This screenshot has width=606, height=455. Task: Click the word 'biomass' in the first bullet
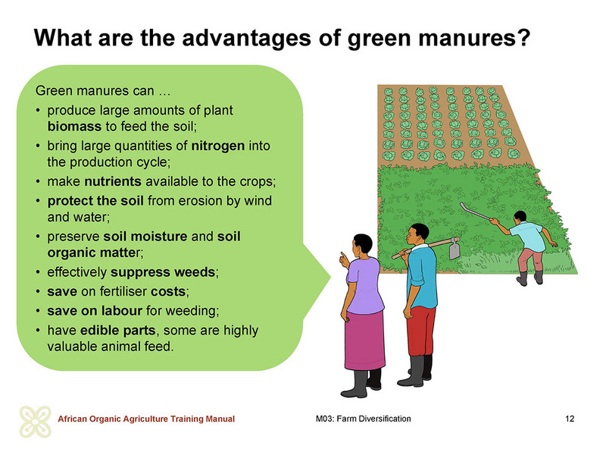74,127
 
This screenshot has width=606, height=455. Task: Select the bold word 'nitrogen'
218,146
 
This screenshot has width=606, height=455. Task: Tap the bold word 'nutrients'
113,181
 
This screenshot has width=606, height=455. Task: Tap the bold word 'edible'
98,330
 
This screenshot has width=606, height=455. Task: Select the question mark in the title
523,37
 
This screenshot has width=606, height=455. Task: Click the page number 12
570,419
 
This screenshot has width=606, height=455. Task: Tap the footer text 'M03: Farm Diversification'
364,419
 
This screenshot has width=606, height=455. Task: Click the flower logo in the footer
35,422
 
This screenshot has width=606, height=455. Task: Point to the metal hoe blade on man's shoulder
454,249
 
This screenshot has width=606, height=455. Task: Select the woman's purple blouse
365,285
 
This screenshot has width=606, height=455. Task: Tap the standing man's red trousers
421,331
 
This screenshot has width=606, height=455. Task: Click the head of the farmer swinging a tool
520,217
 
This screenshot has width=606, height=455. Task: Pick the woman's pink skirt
364,340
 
